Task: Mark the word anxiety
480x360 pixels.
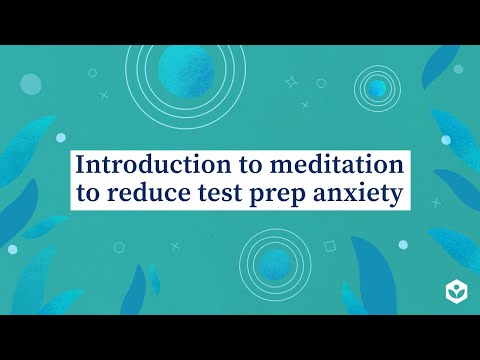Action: (x=364, y=194)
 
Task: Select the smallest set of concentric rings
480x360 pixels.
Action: (x=378, y=89)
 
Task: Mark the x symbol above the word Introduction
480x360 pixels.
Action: (x=104, y=97)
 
